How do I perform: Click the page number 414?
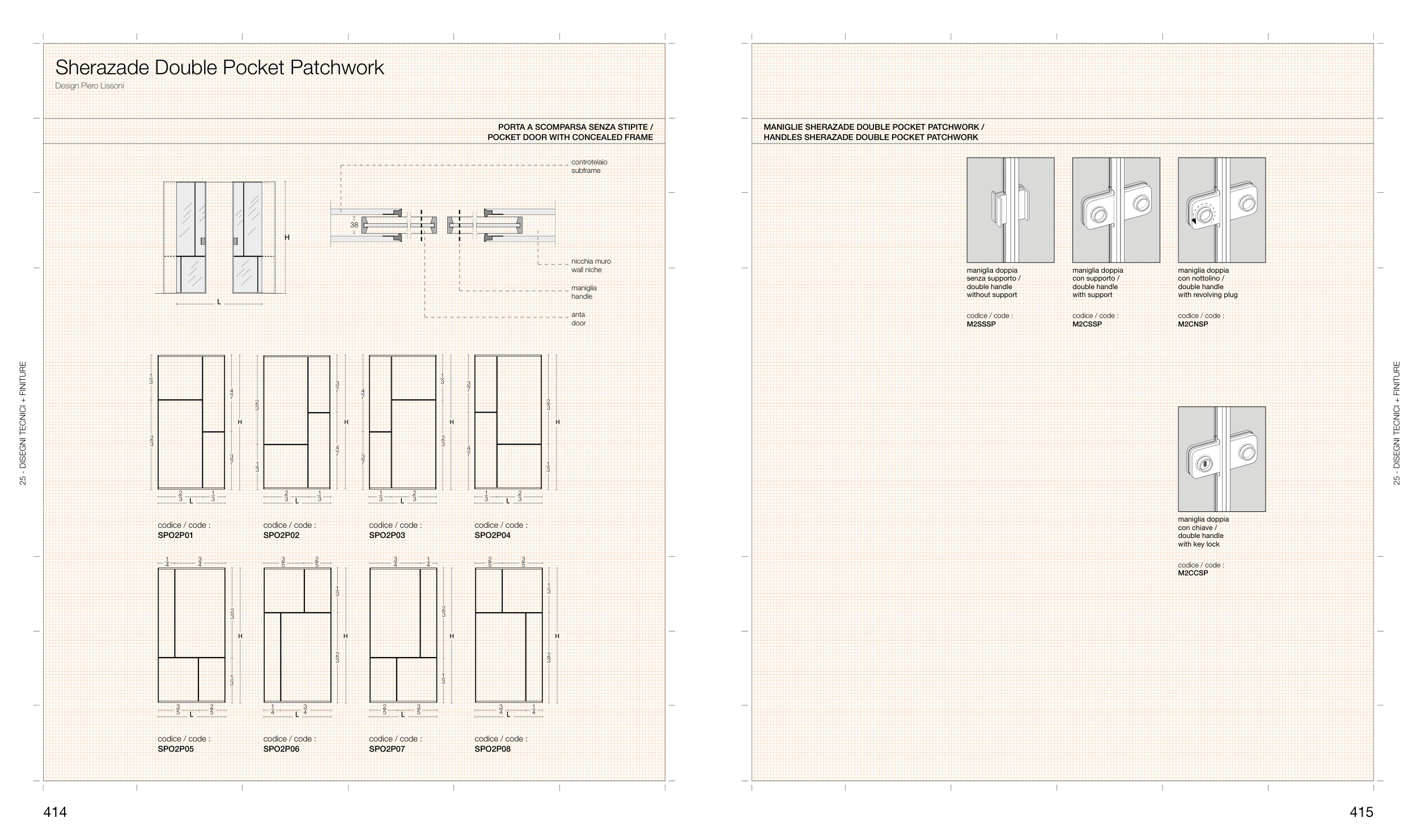[x=55, y=812]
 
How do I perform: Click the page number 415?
[x=1361, y=812]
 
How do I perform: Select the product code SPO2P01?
[x=176, y=535]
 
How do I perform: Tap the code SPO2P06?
[x=281, y=749]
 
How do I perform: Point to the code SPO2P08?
[x=493, y=749]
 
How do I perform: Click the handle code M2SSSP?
[x=981, y=324]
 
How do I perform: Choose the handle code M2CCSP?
[x=1193, y=573]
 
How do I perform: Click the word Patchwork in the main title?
[x=337, y=67]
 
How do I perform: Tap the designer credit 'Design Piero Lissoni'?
[x=90, y=86]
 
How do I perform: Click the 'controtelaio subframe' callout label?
[x=589, y=166]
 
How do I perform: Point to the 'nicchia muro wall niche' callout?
[x=591, y=265]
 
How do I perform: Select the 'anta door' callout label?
[x=578, y=319]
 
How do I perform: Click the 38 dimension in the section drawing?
[x=354, y=225]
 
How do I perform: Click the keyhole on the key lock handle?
[x=1203, y=465]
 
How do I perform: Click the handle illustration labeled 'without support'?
[x=1010, y=210]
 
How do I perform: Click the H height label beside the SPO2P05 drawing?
[x=240, y=636]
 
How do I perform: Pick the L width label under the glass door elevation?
[x=219, y=302]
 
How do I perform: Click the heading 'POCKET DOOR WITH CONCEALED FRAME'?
[x=570, y=137]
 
